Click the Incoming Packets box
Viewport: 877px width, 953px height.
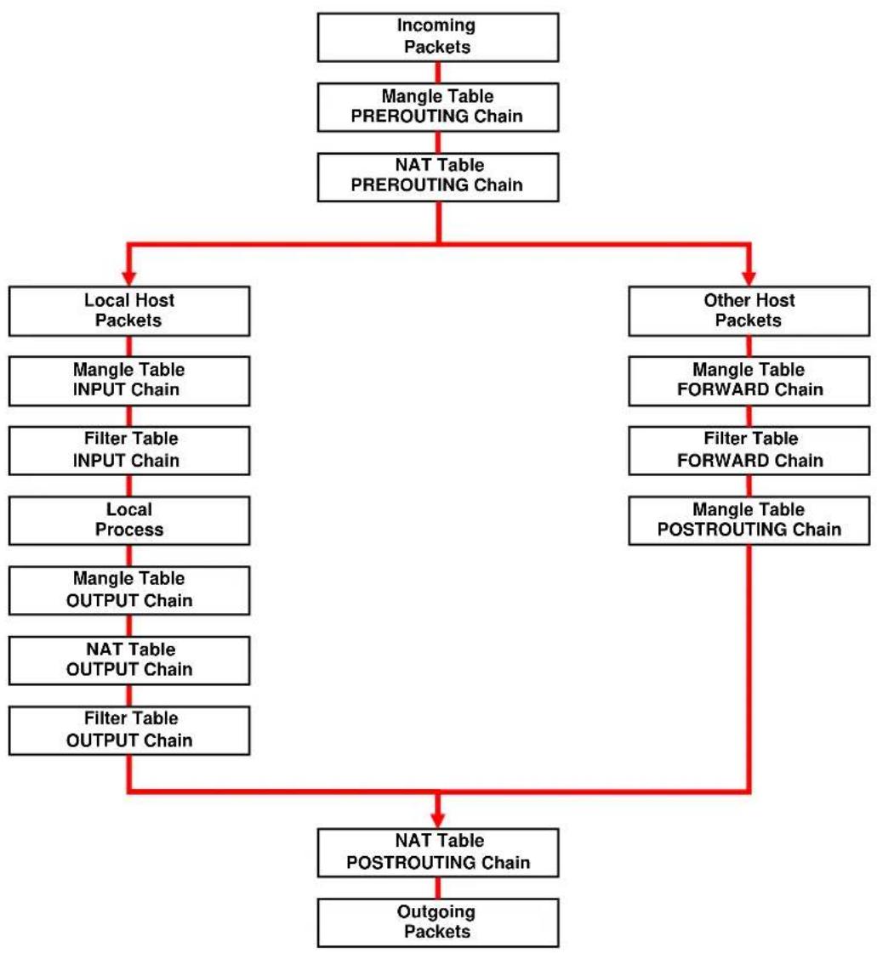pos(438,37)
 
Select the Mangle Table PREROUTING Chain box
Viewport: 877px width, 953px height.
pos(438,107)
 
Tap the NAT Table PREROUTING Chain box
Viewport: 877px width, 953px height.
pos(438,177)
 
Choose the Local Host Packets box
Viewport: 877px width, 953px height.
pos(129,310)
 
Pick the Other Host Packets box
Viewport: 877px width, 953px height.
pos(749,310)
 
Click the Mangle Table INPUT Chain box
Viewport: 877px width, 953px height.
pos(129,381)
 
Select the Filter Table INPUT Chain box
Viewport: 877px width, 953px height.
pos(129,451)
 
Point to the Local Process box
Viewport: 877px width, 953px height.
pos(129,520)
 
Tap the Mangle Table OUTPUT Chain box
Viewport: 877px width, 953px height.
pos(129,590)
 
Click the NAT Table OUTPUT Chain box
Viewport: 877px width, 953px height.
pos(129,660)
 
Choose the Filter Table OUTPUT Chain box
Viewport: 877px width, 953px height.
pos(129,730)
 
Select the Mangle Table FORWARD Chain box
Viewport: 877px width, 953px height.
pos(749,381)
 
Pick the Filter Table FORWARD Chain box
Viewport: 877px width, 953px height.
pos(749,451)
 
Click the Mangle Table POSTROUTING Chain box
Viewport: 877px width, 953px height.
pos(749,520)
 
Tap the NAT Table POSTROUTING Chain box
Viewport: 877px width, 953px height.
pos(438,852)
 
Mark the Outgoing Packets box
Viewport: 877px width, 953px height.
pos(438,922)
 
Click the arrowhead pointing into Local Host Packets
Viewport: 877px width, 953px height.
pos(129,278)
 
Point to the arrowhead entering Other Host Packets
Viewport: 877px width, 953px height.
pos(749,278)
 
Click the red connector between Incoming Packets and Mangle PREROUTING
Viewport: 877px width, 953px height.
pos(438,72)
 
